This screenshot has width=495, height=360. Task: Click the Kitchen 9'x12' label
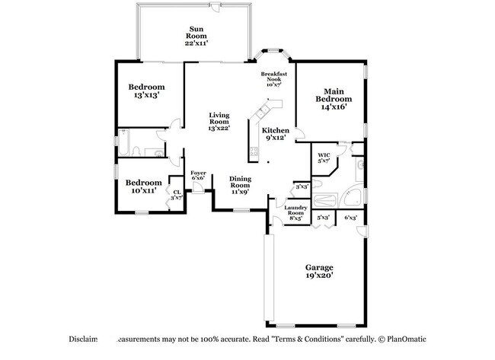275,135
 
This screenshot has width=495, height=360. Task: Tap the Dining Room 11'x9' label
241,186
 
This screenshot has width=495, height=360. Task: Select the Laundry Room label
295,213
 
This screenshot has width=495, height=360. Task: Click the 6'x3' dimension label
350,218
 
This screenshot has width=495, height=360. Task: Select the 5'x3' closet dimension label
323,218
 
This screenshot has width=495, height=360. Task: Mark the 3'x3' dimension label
302,186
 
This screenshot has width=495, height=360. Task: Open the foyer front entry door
197,189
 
